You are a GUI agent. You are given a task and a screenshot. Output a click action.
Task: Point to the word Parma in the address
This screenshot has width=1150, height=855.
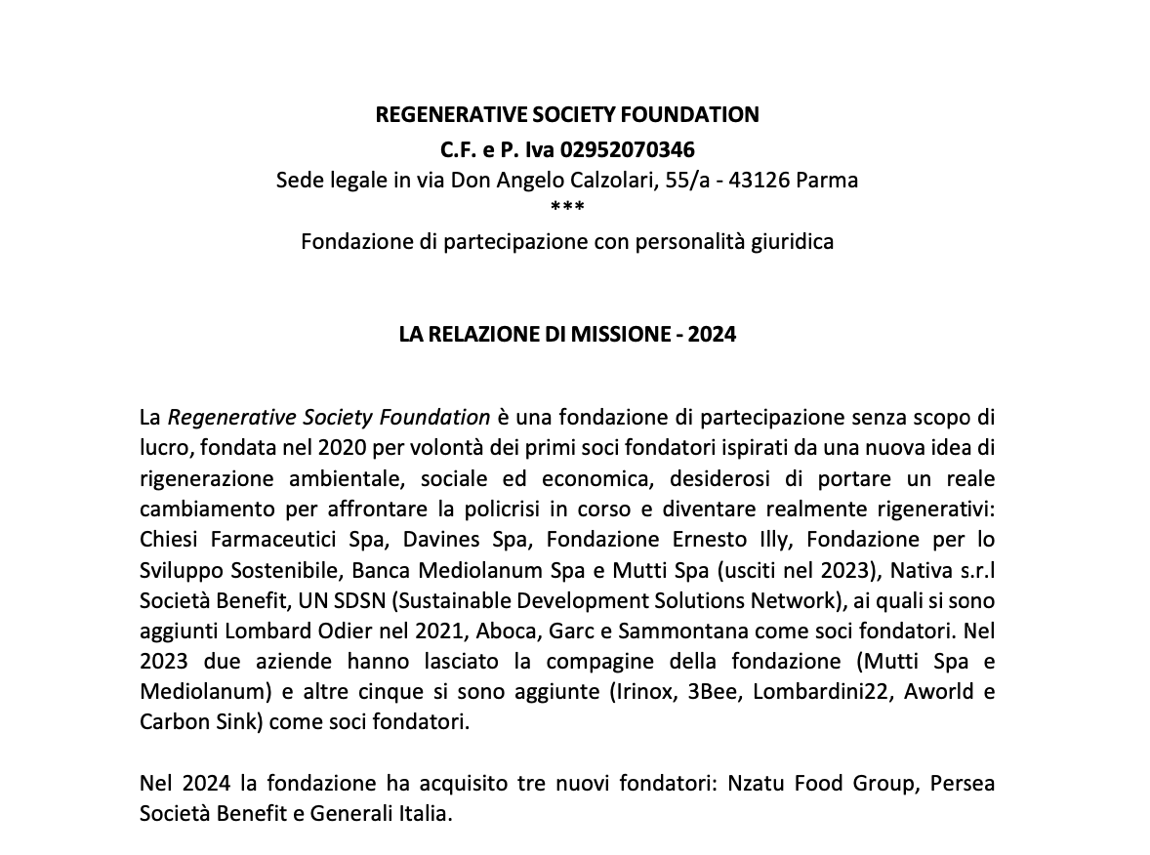[x=828, y=181]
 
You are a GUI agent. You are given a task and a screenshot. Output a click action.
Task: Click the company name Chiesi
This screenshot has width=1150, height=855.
[x=170, y=540]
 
